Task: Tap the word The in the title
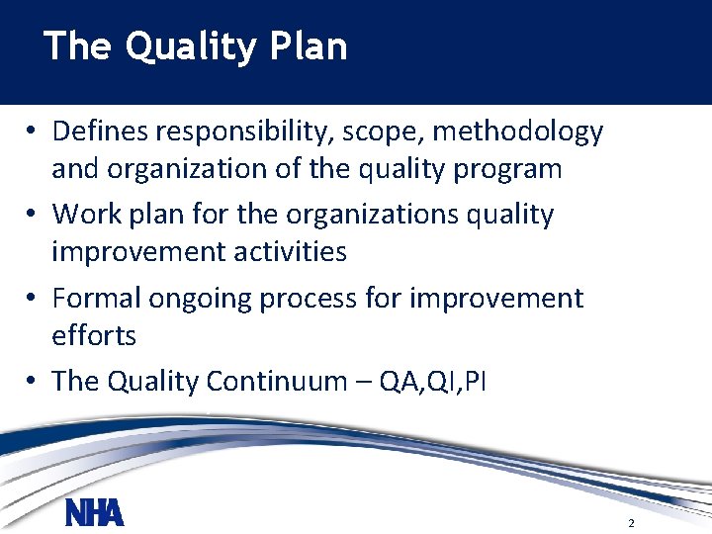click(x=75, y=46)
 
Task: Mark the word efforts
click(x=94, y=335)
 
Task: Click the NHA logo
click(x=94, y=513)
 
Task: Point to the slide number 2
click(x=630, y=522)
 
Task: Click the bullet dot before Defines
click(x=33, y=132)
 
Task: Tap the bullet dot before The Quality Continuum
click(x=33, y=382)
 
